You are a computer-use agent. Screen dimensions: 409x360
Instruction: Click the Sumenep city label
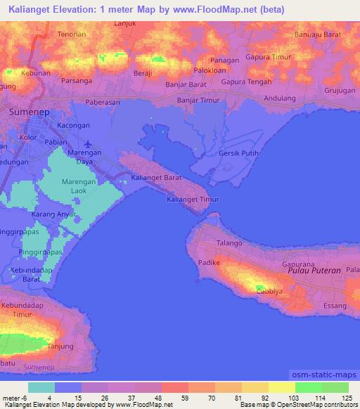(x=29, y=112)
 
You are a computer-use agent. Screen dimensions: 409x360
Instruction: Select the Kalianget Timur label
(x=193, y=200)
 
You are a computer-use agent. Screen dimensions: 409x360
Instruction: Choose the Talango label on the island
(x=229, y=243)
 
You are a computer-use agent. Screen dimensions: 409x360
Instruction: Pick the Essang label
(x=336, y=306)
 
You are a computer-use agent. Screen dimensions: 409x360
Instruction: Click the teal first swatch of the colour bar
(x=41, y=387)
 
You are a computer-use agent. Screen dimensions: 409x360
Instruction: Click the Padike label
(x=210, y=262)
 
